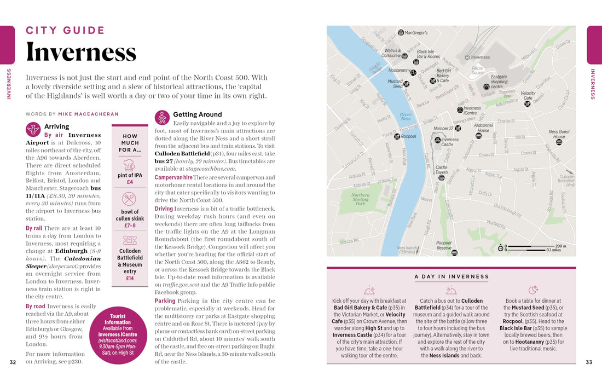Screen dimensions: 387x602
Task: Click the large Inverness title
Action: (x=81, y=52)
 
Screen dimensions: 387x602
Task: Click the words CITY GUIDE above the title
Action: (x=65, y=30)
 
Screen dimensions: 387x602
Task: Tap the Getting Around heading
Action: (x=197, y=114)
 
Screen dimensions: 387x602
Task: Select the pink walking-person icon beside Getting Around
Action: (x=162, y=117)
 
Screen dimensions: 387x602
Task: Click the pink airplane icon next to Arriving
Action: (x=33, y=129)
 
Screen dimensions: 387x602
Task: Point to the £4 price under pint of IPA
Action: (x=130, y=182)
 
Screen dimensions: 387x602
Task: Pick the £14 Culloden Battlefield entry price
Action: (x=130, y=278)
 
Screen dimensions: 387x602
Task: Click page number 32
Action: (x=13, y=362)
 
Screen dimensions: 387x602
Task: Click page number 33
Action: (x=589, y=362)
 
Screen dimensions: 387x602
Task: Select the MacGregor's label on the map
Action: (x=416, y=33)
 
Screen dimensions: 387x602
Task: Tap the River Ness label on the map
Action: (x=406, y=116)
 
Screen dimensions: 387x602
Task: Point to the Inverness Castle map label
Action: (x=450, y=142)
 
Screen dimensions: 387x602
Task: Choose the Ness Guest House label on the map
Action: (x=559, y=134)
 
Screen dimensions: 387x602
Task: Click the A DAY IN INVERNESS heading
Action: (x=451, y=276)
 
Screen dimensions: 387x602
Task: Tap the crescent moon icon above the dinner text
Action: (x=532, y=290)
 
